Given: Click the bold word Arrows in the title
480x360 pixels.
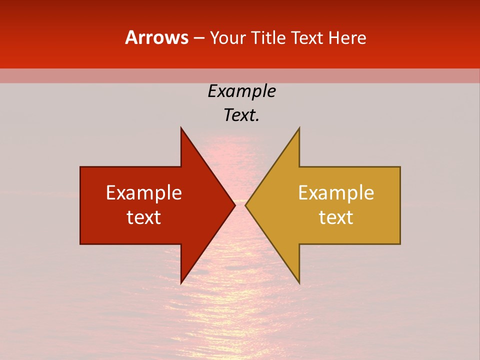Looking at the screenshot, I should coord(156,37).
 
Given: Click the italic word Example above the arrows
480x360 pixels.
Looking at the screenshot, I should coord(241,91).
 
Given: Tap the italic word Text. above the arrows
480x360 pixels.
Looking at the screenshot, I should coord(241,115).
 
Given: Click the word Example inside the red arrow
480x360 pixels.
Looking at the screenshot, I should coord(144,192).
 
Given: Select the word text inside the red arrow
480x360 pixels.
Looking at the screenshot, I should coord(144,217).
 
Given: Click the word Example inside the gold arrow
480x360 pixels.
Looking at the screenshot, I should coord(336,192).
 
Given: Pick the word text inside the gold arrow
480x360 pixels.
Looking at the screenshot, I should coord(336,217).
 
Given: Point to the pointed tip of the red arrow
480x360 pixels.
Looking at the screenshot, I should coord(234,205).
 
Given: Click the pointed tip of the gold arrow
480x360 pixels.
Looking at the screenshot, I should coord(245,205).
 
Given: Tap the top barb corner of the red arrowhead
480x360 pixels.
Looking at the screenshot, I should coord(181,128).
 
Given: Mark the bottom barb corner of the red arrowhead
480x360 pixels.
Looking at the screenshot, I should coord(181,283).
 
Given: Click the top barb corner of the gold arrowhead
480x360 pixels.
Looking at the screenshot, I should coord(299,128).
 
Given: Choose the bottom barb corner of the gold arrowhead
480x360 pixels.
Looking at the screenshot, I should coord(299,283).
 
